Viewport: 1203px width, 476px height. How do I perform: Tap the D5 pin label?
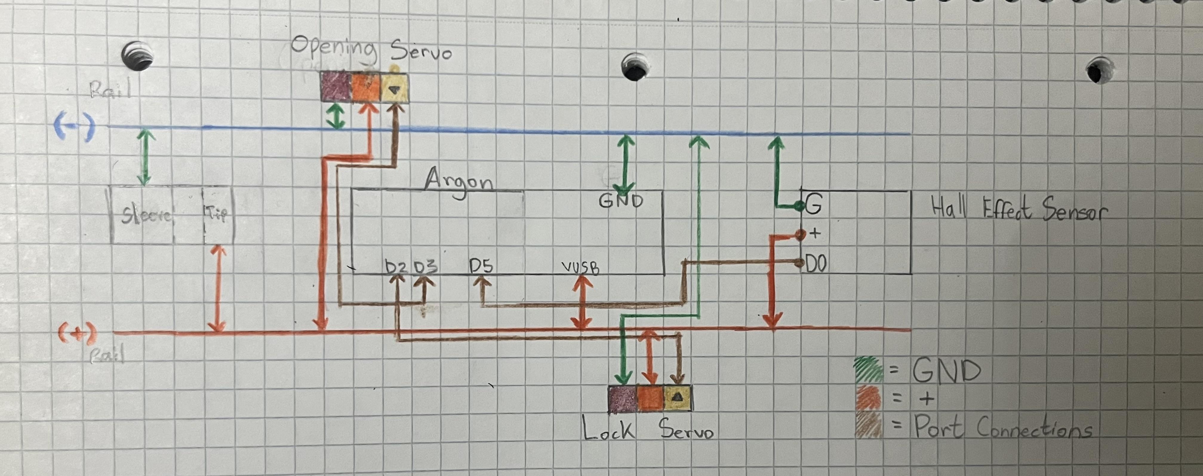point(481,266)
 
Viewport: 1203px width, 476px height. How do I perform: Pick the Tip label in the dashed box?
point(216,214)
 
